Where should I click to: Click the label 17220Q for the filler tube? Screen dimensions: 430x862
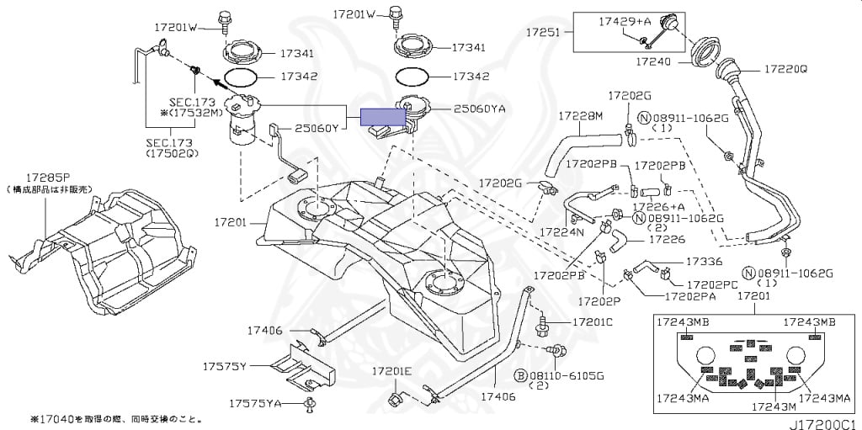(x=785, y=68)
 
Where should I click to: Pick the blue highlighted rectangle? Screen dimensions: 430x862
(x=383, y=117)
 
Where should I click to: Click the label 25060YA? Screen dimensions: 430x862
(x=479, y=109)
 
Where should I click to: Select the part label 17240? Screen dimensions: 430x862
(x=653, y=61)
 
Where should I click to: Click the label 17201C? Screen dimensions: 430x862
(x=593, y=321)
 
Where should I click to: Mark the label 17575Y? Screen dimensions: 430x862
(x=223, y=366)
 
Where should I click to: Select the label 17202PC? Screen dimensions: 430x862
(x=711, y=284)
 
